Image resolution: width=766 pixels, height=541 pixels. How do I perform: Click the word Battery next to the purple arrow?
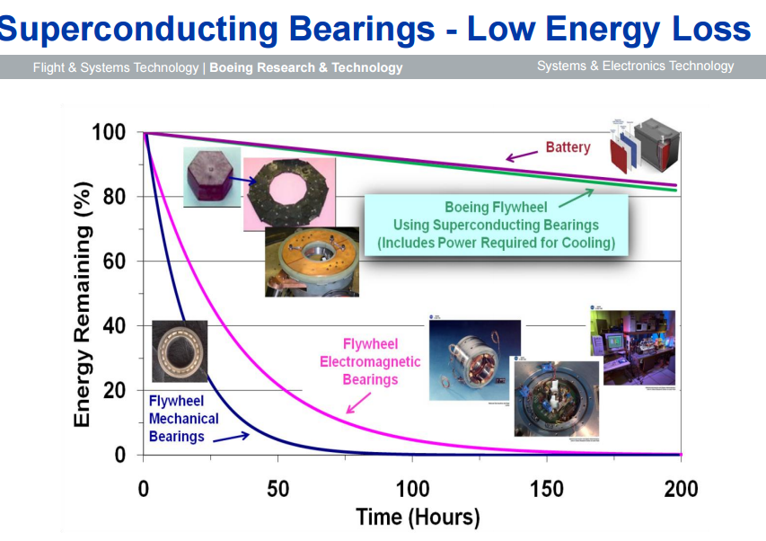click(568, 146)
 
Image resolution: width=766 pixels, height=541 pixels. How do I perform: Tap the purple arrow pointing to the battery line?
click(521, 155)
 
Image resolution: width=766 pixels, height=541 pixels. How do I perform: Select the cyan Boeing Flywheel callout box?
click(496, 225)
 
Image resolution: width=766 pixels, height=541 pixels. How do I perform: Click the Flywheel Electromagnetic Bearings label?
click(370, 361)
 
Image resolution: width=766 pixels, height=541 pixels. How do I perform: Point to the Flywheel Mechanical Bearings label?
click(183, 419)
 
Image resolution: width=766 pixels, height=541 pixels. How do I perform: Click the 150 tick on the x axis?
click(547, 490)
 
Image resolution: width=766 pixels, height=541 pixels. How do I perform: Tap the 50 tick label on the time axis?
click(277, 490)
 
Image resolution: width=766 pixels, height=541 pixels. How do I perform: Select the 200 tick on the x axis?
click(681, 490)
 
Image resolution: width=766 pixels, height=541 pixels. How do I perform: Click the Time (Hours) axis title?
click(418, 518)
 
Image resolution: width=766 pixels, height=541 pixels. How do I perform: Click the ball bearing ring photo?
click(180, 350)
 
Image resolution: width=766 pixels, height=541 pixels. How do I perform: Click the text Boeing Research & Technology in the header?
click(306, 67)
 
